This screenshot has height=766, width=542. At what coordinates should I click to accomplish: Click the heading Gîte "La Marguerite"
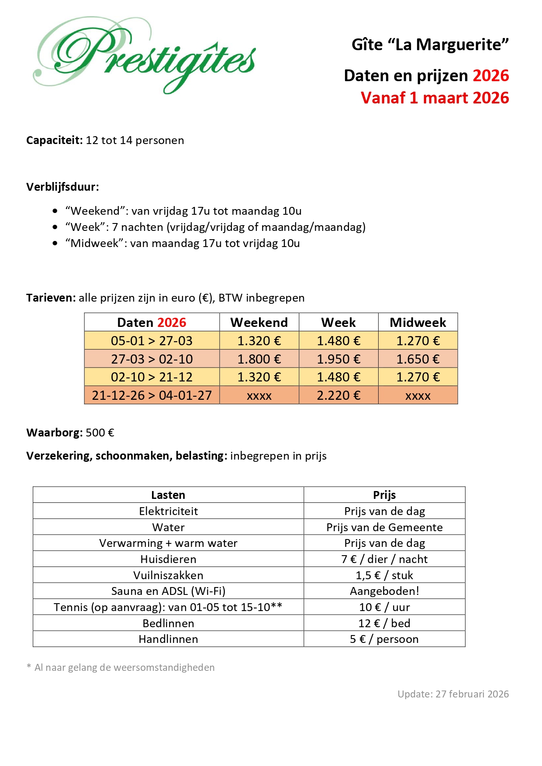pyautogui.click(x=430, y=45)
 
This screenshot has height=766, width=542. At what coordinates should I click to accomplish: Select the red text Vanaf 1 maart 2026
pyautogui.click(x=435, y=98)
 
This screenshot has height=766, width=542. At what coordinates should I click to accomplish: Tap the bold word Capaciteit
pyautogui.click(x=54, y=141)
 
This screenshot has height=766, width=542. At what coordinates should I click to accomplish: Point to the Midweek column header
pyautogui.click(x=418, y=323)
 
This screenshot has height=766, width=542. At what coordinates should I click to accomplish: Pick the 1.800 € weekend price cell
pyautogui.click(x=259, y=359)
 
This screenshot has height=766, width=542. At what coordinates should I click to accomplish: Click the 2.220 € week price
pyautogui.click(x=338, y=395)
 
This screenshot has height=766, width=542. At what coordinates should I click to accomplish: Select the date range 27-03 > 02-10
pyautogui.click(x=152, y=359)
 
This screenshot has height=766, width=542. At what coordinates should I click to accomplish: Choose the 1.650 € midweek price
pyautogui.click(x=418, y=359)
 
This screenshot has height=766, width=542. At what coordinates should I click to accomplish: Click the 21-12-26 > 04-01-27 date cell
pyautogui.click(x=152, y=395)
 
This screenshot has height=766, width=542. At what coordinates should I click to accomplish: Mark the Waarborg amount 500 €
pyautogui.click(x=100, y=433)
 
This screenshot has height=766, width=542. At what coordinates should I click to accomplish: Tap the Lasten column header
pyautogui.click(x=168, y=495)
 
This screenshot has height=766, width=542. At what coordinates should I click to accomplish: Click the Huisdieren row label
pyautogui.click(x=168, y=559)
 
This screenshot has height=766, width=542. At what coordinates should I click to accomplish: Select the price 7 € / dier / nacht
pyautogui.click(x=384, y=559)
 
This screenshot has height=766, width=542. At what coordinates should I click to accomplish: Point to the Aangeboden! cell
pyautogui.click(x=384, y=591)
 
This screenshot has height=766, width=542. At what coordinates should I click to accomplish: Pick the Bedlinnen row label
pyautogui.click(x=168, y=623)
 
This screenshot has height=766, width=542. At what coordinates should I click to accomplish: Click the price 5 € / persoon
pyautogui.click(x=384, y=639)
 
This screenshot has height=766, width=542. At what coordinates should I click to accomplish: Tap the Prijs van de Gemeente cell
pyautogui.click(x=384, y=527)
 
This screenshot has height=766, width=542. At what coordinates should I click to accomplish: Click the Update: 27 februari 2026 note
pyautogui.click(x=453, y=694)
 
